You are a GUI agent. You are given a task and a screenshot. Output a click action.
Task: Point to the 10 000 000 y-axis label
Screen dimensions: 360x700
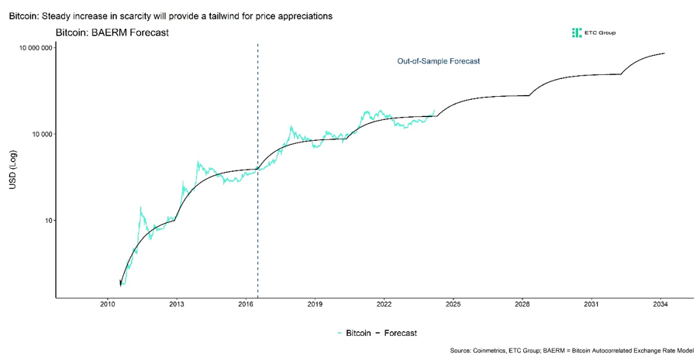(34, 48)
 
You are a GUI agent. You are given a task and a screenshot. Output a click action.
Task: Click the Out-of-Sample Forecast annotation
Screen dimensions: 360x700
(439, 61)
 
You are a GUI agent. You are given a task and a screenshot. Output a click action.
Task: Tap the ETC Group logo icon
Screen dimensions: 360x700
(576, 33)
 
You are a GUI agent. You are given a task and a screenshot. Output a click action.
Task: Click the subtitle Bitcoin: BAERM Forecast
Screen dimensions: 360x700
(112, 33)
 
